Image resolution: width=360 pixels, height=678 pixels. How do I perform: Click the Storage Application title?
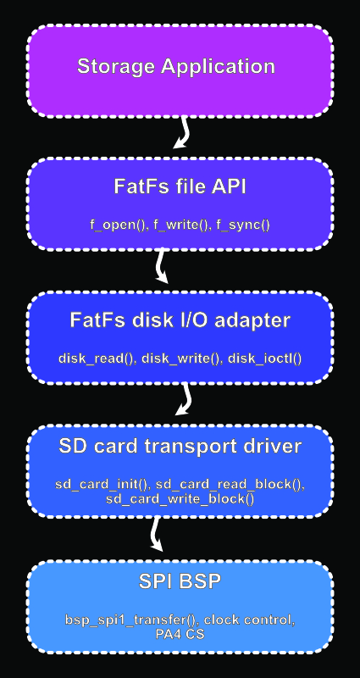click(176, 67)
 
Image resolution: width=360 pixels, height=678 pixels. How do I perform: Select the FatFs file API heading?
click(180, 186)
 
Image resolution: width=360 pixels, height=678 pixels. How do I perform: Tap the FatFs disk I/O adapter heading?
click(180, 320)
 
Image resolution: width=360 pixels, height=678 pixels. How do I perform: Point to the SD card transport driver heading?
click(180, 447)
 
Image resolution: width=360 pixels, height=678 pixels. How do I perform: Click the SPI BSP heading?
click(180, 581)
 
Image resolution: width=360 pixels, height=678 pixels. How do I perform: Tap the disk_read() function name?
click(97, 358)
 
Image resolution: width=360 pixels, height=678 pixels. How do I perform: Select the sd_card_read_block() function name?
click(230, 484)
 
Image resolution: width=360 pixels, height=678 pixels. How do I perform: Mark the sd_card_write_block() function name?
click(180, 499)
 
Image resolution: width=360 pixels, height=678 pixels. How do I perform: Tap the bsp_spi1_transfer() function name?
click(132, 620)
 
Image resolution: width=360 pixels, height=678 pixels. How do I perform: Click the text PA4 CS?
click(180, 634)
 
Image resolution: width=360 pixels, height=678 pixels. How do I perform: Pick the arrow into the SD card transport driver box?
click(185, 398)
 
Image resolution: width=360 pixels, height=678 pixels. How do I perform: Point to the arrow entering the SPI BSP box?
click(155, 534)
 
